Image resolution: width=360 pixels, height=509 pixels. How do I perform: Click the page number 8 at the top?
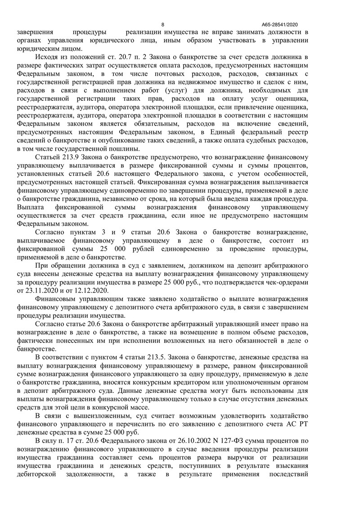[163, 25]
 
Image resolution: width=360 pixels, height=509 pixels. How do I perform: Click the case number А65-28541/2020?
[279, 25]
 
